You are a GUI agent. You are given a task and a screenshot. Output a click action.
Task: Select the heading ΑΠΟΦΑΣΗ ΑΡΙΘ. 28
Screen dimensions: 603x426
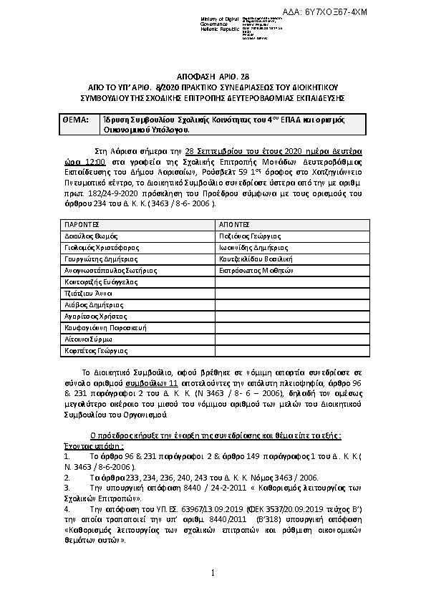coord(213,76)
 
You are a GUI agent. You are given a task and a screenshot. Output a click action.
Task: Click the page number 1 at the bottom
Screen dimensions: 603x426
coord(213,573)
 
